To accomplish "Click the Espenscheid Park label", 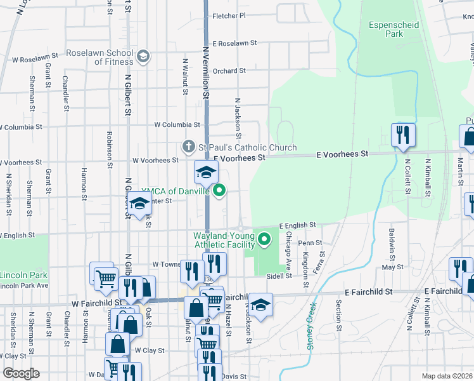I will click(x=385, y=29).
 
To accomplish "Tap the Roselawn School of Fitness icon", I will click(x=143, y=57).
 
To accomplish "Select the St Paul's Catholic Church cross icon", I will click(x=188, y=147).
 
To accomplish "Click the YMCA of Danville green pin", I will click(x=220, y=189).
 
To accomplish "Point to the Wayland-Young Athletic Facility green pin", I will click(x=265, y=239).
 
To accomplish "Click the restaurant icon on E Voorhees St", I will click(x=402, y=135).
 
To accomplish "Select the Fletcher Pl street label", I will click(x=229, y=16).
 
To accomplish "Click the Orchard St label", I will click(x=229, y=71).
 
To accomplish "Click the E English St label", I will click(x=297, y=225).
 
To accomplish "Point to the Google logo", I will click(x=20, y=373).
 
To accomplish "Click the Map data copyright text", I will click(x=447, y=376).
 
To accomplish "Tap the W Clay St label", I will click(x=149, y=351).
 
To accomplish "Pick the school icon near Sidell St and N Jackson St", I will click(x=260, y=305).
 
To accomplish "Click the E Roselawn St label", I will click(x=234, y=44).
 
